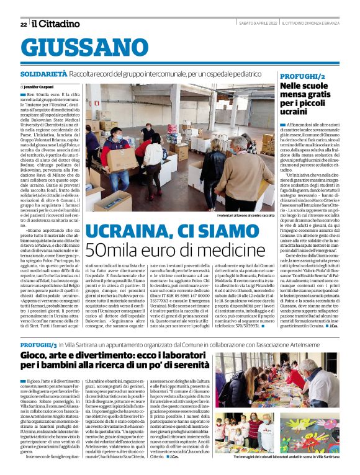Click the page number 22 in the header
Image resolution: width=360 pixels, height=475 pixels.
coord(24,24)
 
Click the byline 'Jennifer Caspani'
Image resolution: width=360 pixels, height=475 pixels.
coord(40,87)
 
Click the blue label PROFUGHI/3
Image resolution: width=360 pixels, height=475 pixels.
coord(38,342)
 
